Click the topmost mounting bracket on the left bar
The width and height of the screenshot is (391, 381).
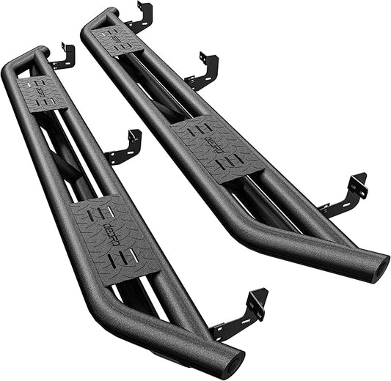(64, 56)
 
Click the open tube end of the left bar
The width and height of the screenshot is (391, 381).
(233, 363)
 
